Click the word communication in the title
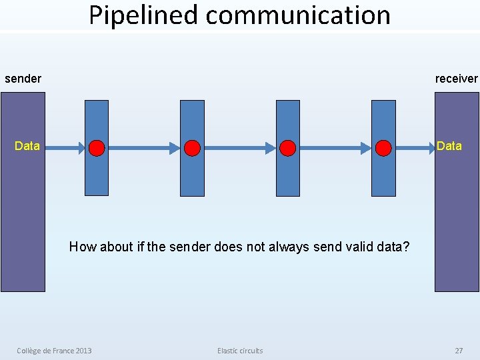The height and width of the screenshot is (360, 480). [298, 15]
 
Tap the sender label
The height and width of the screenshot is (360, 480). [23, 79]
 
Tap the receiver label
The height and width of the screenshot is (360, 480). [456, 79]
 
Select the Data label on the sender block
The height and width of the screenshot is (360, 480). [27, 146]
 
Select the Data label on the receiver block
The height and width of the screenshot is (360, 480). [449, 146]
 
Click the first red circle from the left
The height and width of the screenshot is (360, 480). [97, 148]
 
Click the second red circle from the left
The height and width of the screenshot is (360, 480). [193, 148]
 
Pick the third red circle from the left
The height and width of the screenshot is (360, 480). [288, 148]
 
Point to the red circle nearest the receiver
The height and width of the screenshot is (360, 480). [383, 148]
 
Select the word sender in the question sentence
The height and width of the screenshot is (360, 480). [192, 247]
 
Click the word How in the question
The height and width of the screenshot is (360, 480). [82, 247]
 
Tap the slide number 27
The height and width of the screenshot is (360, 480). [459, 351]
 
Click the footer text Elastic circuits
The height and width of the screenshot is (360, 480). [240, 351]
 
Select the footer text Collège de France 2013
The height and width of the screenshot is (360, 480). [54, 351]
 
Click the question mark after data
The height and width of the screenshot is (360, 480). [406, 247]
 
